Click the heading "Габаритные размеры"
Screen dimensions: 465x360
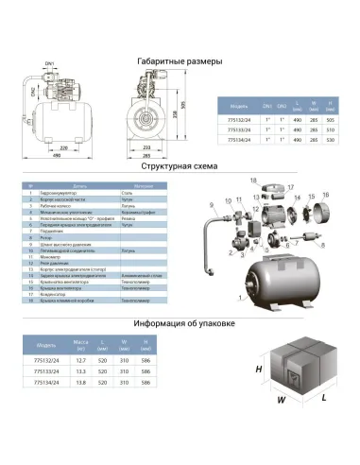click(180, 61)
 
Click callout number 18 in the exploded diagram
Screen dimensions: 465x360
click(253, 179)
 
